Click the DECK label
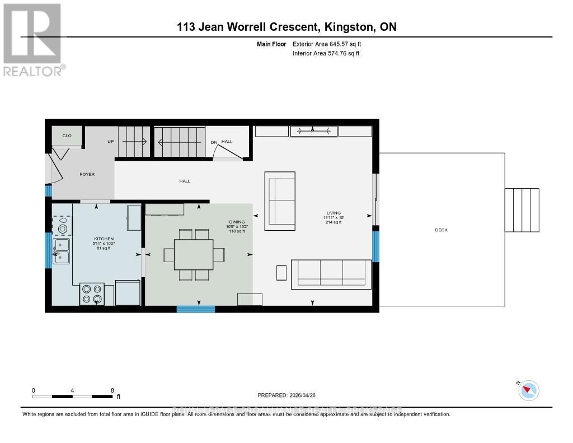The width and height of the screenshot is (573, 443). [x=441, y=230]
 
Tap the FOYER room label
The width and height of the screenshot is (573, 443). [x=87, y=174]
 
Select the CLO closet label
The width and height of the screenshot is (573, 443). [x=67, y=136]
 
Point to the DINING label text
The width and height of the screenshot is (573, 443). [x=236, y=222]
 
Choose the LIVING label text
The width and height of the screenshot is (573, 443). [x=334, y=213]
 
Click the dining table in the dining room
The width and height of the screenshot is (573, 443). [x=194, y=255]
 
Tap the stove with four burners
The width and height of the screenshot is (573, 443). [x=92, y=294]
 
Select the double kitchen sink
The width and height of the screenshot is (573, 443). [x=61, y=251]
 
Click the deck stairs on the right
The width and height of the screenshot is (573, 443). [x=522, y=210]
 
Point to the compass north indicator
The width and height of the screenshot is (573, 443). [x=528, y=390]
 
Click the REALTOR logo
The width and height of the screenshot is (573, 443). [x=32, y=39]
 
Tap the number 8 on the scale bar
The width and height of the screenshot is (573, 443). [x=112, y=390]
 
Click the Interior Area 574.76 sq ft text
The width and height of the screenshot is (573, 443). [x=326, y=54]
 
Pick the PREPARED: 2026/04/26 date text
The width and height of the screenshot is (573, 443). [x=290, y=395]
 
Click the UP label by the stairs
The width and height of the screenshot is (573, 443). [x=111, y=142]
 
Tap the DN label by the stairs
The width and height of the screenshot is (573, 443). [x=214, y=142]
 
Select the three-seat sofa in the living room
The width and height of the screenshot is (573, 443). [x=331, y=274]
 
